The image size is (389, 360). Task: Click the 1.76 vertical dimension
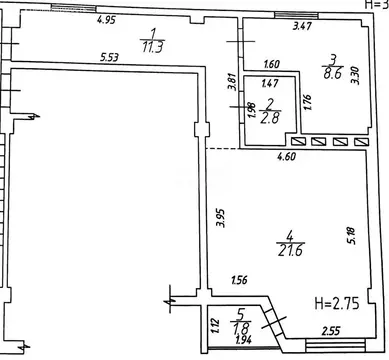(308, 102)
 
